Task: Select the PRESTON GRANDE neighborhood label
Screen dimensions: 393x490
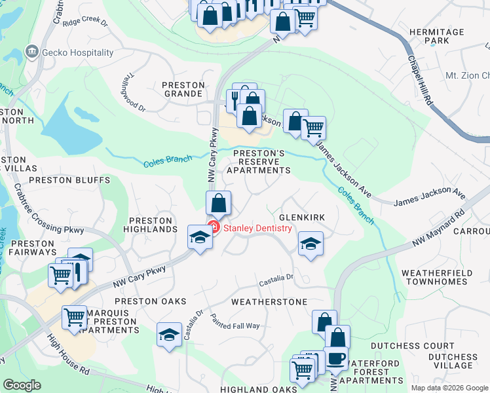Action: tap(183, 89)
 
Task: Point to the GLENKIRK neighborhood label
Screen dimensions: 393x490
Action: tap(302, 217)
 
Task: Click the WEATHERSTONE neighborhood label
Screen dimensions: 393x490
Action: tap(269, 302)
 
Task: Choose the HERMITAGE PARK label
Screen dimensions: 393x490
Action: tap(445, 36)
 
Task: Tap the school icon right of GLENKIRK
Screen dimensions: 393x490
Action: tap(311, 244)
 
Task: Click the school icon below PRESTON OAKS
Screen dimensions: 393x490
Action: tap(169, 335)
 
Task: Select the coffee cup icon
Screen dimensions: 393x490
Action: tap(337, 358)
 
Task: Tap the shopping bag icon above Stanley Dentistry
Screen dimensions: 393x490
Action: tap(219, 203)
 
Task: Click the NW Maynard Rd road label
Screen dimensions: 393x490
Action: tap(438, 228)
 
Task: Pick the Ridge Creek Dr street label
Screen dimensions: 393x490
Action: tap(85, 21)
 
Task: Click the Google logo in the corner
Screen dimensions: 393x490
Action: tap(22, 384)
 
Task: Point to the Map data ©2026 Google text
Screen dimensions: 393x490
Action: tap(449, 388)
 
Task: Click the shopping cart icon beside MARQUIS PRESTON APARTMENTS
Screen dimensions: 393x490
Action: tap(74, 318)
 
